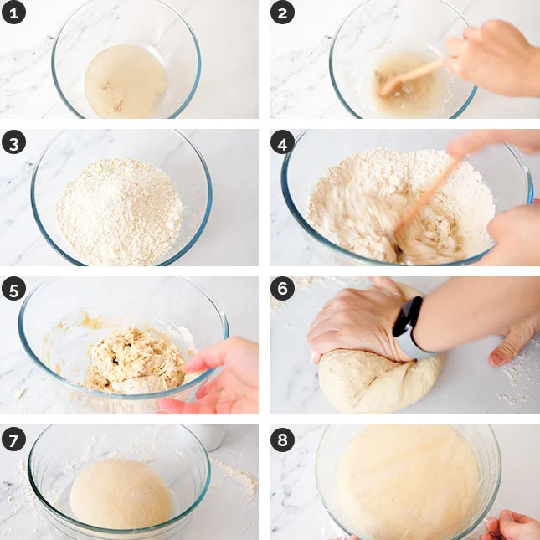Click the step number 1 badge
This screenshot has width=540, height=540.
click(13, 13)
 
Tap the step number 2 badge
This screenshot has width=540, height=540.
click(282, 13)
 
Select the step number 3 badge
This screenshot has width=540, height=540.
click(13, 142)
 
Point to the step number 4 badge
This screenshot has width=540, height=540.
click(282, 142)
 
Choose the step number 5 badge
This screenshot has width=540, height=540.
click(13, 289)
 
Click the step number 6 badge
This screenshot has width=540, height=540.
click(282, 289)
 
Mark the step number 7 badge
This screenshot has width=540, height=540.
click(13, 439)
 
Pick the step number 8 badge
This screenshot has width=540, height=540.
click(282, 439)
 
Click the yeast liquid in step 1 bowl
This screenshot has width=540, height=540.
click(126, 81)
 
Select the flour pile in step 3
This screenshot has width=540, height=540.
click(119, 211)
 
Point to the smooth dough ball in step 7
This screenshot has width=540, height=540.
click(121, 493)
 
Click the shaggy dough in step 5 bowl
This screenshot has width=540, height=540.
click(136, 360)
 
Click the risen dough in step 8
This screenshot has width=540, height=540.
click(408, 482)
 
